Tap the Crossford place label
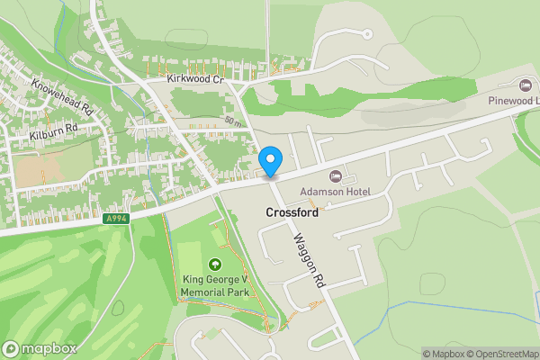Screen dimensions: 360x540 tap(294, 212)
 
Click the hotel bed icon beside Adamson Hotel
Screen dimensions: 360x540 tap(337, 175)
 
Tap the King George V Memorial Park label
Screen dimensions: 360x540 tap(214, 286)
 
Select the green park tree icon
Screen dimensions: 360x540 tap(214, 265)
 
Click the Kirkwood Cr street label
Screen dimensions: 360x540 tap(193, 80)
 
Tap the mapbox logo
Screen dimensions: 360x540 tap(40, 348)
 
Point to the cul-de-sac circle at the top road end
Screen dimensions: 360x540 tap(366, 33)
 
